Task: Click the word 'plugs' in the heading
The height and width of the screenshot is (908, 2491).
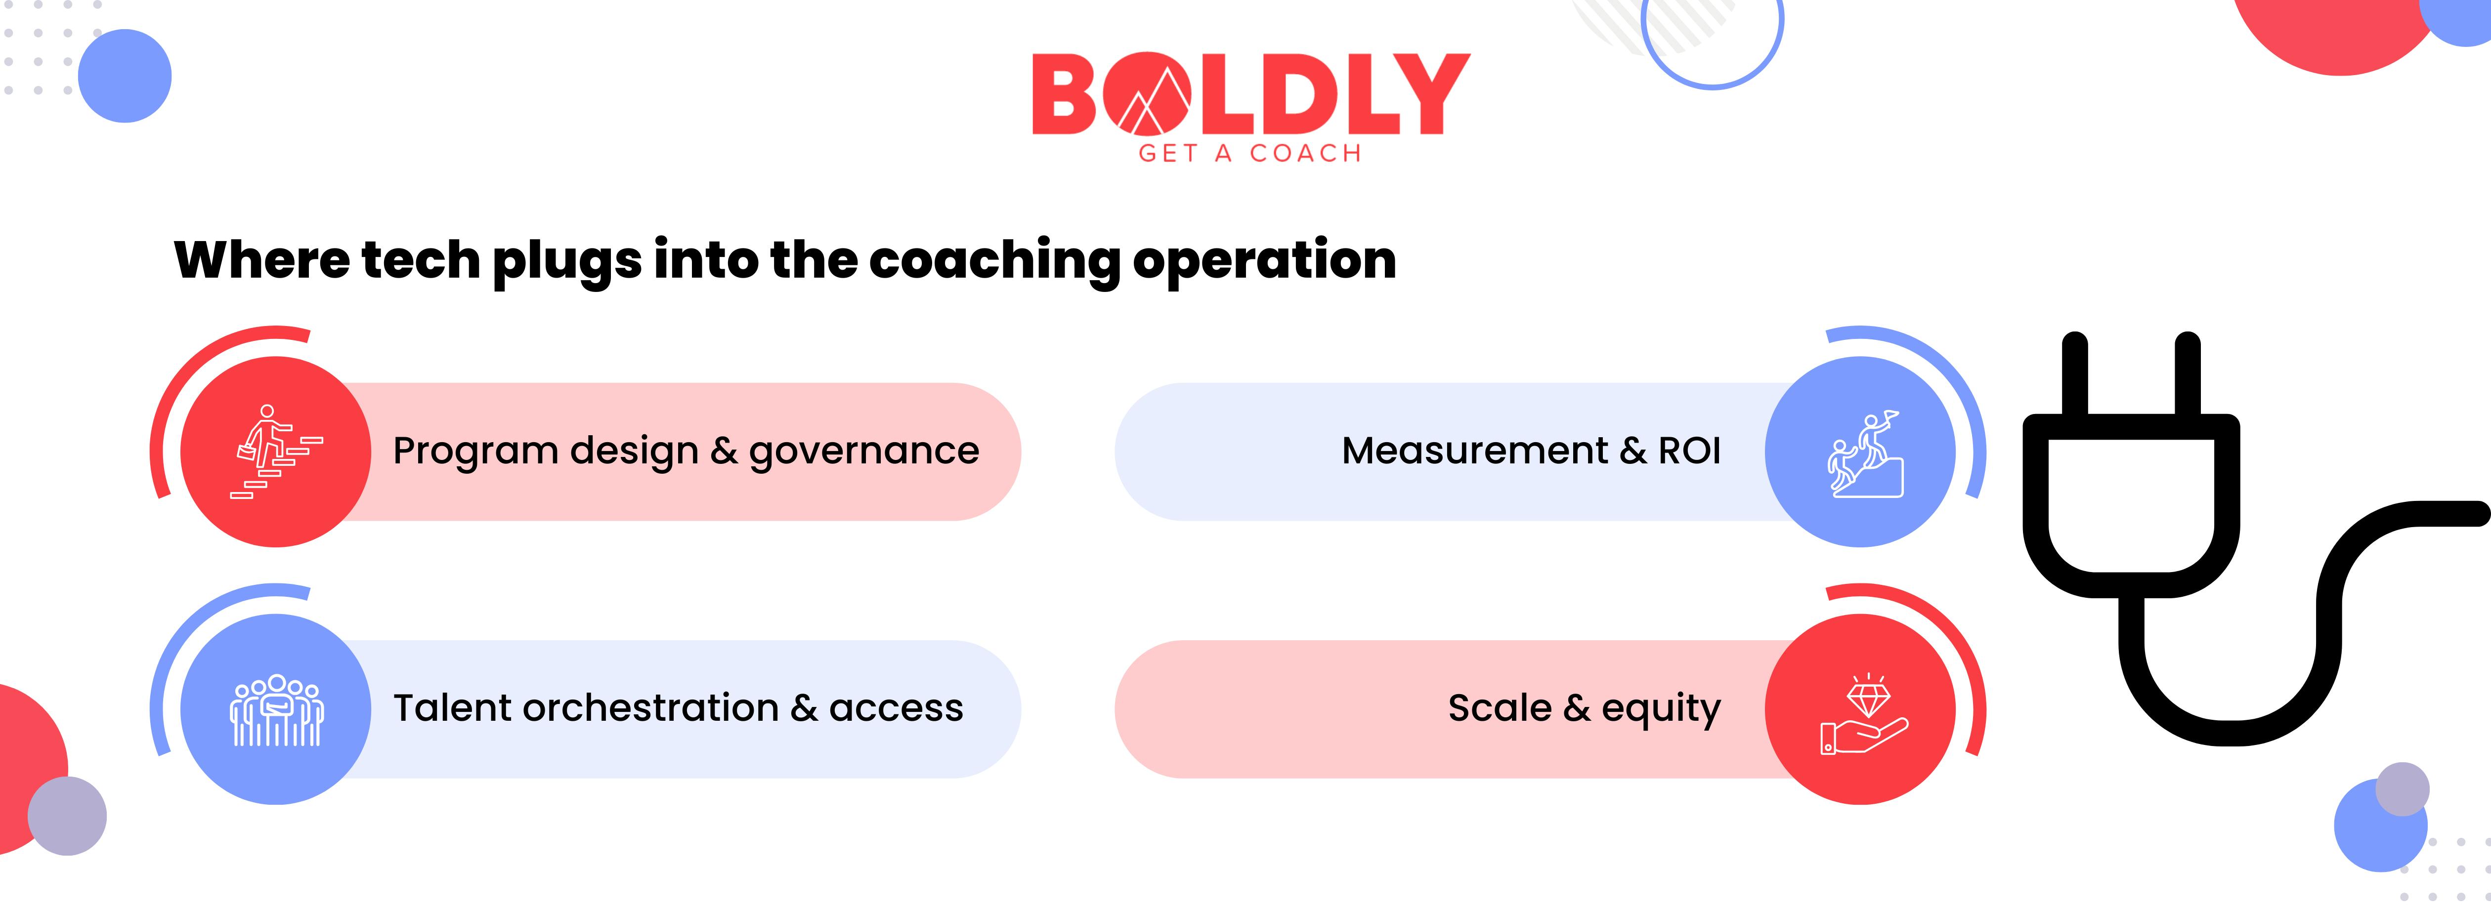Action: (x=567, y=261)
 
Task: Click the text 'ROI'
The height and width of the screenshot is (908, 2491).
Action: (x=1689, y=451)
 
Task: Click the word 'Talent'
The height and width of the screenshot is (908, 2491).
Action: (x=452, y=708)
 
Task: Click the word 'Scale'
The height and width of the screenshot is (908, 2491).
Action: (x=1499, y=708)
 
